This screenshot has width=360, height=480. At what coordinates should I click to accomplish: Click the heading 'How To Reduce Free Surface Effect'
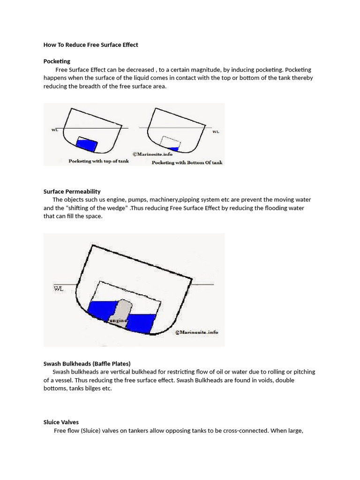pos(90,45)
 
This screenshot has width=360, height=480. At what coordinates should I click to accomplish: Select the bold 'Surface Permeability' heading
pos(72,191)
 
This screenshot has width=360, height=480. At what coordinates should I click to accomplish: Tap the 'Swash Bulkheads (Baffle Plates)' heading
pos(87,363)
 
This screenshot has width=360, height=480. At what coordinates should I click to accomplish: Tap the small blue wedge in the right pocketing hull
pos(175,149)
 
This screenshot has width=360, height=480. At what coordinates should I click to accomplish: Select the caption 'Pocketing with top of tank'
pos(98,161)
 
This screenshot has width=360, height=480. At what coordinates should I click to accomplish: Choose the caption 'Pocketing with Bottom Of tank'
pos(187,163)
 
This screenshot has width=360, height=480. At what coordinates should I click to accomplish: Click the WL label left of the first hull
pos(55,130)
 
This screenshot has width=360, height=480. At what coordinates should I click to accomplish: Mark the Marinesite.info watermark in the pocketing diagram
pos(152,154)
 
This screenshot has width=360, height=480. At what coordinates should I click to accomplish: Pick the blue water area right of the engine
pos(141,322)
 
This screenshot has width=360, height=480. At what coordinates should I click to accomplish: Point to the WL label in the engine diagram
pos(59,289)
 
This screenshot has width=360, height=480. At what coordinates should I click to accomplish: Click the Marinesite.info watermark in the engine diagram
pos(196,332)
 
